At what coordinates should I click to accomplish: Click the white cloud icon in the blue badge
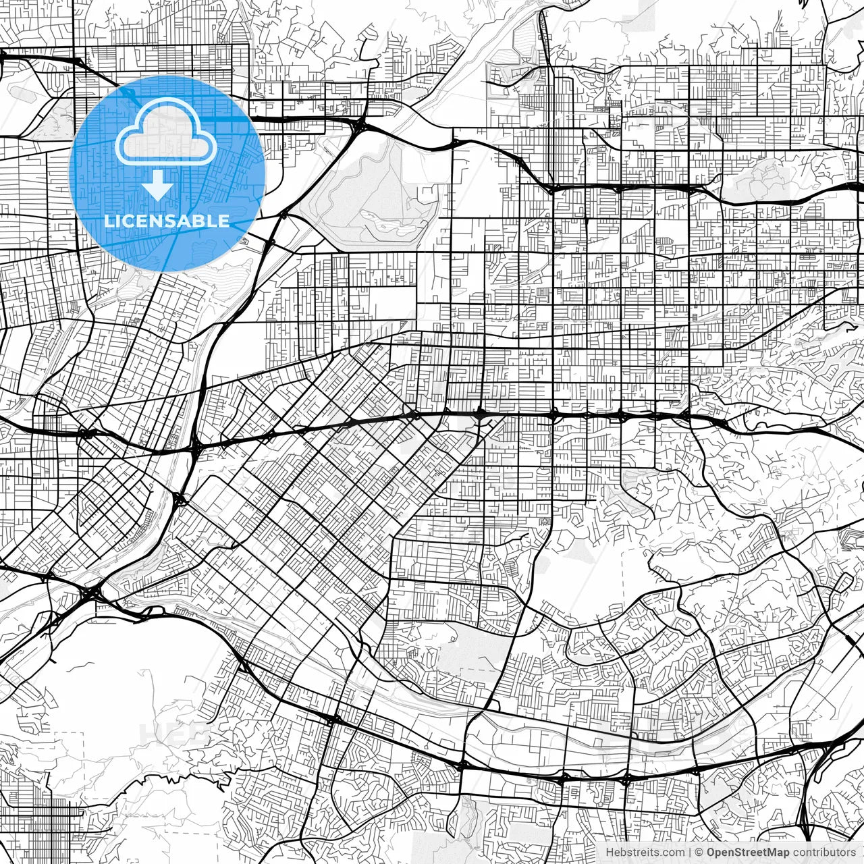tap(166, 131)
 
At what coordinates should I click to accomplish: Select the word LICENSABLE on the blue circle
tap(167, 221)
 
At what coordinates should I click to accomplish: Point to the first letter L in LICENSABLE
tap(109, 221)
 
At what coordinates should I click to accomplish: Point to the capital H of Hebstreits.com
tap(610, 853)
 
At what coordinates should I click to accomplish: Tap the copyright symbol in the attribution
tap(699, 853)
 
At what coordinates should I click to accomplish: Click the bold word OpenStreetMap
tap(748, 853)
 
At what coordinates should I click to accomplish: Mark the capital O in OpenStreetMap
tap(711, 853)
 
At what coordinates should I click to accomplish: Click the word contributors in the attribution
tap(824, 853)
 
